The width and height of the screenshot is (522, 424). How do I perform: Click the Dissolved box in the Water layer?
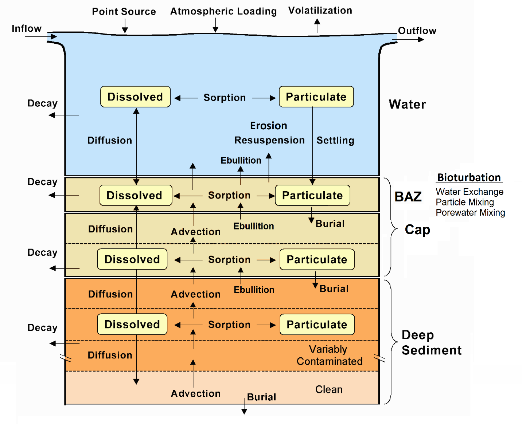point(135,97)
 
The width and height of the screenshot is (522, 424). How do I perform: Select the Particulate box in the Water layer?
point(316,97)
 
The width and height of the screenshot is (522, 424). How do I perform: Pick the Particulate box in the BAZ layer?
point(312,196)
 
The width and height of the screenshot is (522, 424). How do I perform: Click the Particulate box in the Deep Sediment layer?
point(317,325)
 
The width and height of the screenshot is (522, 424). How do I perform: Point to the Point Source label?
point(124,12)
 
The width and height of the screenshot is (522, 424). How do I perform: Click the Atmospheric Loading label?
point(223,11)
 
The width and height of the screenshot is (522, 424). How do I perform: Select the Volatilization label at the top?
point(320,11)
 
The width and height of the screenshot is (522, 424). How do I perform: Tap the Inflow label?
point(27,28)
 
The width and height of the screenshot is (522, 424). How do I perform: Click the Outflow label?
point(417,31)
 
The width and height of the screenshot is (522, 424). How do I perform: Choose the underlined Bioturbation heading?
point(469,178)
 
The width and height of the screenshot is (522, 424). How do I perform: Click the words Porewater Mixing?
point(470,213)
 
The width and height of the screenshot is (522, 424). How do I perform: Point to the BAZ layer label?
point(408,197)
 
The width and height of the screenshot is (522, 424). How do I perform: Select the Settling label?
point(335,141)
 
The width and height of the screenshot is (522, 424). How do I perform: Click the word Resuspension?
point(269,140)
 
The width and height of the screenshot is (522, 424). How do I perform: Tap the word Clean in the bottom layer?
point(329,390)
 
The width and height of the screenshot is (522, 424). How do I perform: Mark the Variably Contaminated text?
point(329,355)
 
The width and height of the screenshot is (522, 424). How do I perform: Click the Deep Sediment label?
point(431,343)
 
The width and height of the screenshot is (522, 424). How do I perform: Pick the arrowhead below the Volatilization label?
point(317,21)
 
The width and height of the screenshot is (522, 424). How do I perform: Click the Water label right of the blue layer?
point(407,105)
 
